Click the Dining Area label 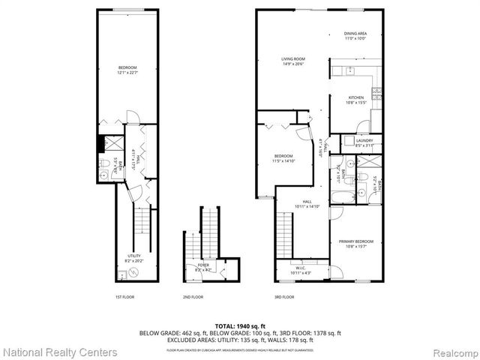[x=355, y=35]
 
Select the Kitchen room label [x=355, y=99]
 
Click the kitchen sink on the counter [x=349, y=72]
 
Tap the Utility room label [x=132, y=257]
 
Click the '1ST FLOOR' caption [x=124, y=297]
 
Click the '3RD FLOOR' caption [x=284, y=297]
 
